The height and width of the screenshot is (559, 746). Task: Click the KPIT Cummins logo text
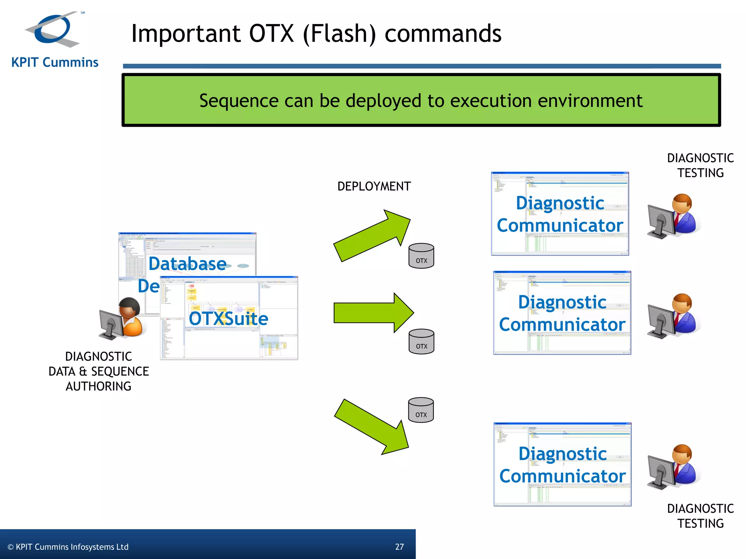click(55, 62)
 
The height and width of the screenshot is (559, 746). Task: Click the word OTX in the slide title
click(271, 33)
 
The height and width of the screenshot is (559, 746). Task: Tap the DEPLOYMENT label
click(374, 186)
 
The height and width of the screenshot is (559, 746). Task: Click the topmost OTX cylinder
click(421, 256)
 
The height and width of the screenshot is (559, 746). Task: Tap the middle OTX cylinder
click(421, 341)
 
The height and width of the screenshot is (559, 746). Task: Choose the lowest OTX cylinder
click(421, 410)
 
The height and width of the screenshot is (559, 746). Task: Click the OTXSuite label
click(228, 319)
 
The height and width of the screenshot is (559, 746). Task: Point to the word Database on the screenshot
click(187, 263)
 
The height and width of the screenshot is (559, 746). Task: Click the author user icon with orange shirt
click(124, 318)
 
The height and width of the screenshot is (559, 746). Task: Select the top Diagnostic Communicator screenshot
click(560, 214)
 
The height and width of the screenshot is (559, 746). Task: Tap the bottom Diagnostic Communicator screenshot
click(562, 464)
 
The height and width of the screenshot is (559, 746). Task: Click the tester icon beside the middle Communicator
click(674, 316)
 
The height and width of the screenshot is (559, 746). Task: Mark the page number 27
click(399, 547)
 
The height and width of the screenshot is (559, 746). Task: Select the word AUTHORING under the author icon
click(98, 386)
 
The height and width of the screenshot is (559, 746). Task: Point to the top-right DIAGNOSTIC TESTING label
click(700, 165)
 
